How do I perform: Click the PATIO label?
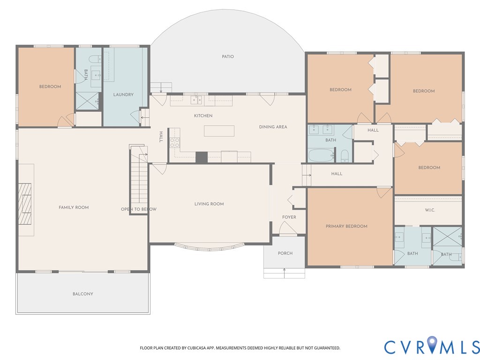pyautogui.click(x=228, y=57)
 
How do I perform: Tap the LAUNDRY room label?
pyautogui.click(x=123, y=95)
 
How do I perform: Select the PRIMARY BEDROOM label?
pyautogui.click(x=346, y=226)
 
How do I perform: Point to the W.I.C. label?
pyautogui.click(x=430, y=210)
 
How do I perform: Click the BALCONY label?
pyautogui.click(x=83, y=294)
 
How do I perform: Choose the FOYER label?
pyautogui.click(x=289, y=217)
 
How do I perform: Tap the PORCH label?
pyautogui.click(x=285, y=253)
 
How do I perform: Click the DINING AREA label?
pyautogui.click(x=273, y=127)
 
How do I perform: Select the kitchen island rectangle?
pyautogui.click(x=219, y=131)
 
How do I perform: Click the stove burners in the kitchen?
pyautogui.click(x=175, y=142)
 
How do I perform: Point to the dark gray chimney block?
pyautogui.click(x=202, y=157)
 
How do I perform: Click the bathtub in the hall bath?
pyautogui.click(x=321, y=155)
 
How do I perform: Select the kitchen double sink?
pyautogui.click(x=196, y=100)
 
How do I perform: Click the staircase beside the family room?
pyautogui.click(x=139, y=178)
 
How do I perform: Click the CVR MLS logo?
pyautogui.click(x=432, y=345)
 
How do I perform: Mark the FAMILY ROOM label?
pyautogui.click(x=74, y=207)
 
